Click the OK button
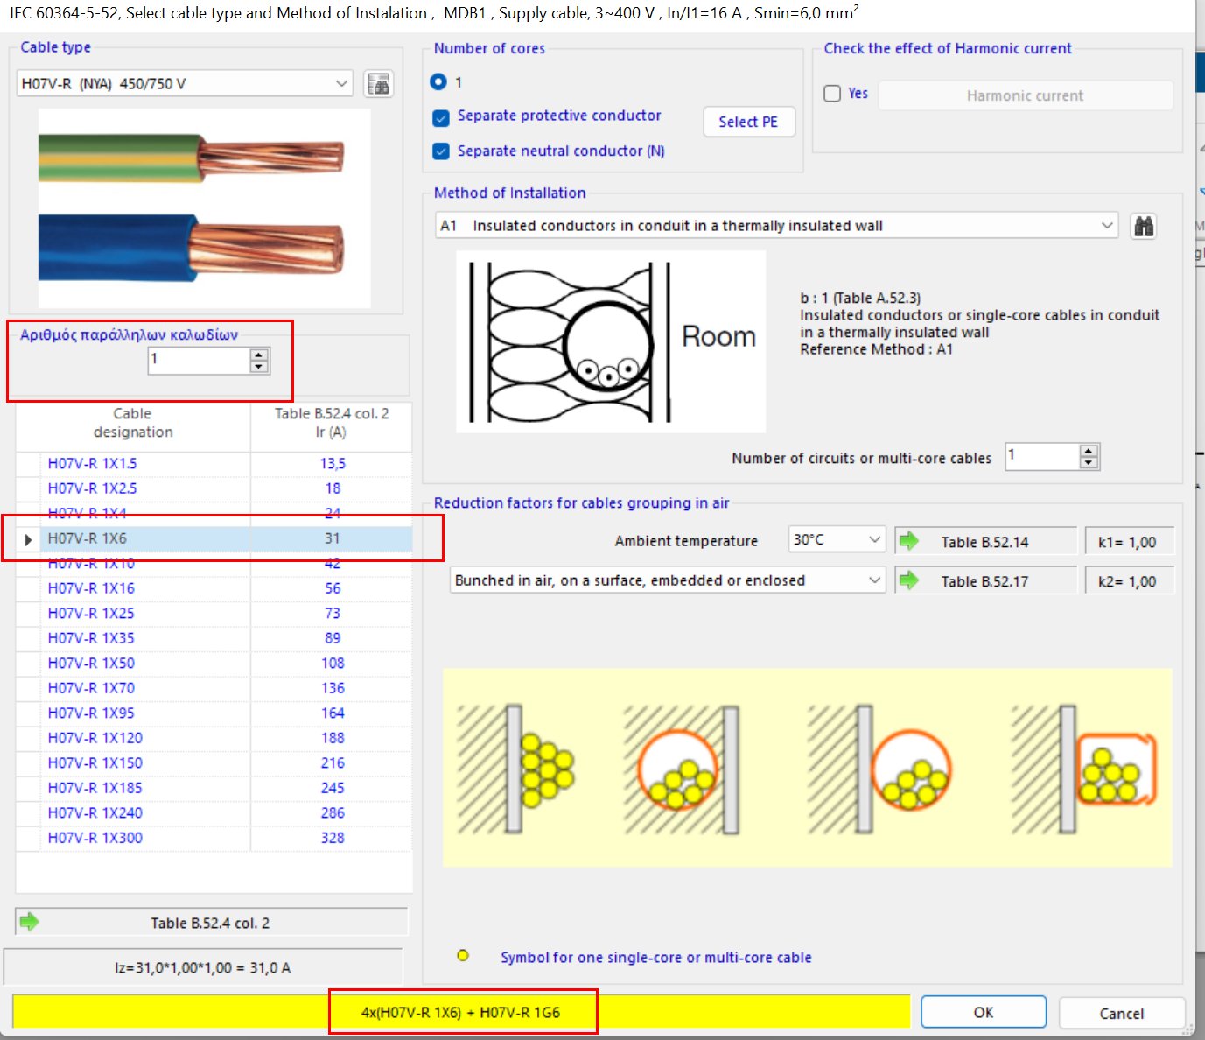pyautogui.click(x=983, y=1012)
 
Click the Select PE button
pyautogui.click(x=748, y=122)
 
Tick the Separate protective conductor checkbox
pyautogui.click(x=442, y=117)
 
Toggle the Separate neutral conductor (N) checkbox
pyautogui.click(x=442, y=151)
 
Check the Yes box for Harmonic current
pyautogui.click(x=833, y=94)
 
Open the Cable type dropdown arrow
pyautogui.click(x=341, y=84)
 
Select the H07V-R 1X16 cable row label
pyautogui.click(x=91, y=588)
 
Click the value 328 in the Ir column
pyautogui.click(x=333, y=838)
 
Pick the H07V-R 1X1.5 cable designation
pyautogui.click(x=92, y=464)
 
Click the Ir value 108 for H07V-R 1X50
pyautogui.click(x=333, y=664)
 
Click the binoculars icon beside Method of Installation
pyautogui.click(x=1143, y=227)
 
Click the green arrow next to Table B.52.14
pyautogui.click(x=909, y=541)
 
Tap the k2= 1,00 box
pyautogui.click(x=1127, y=581)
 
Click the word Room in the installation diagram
pyautogui.click(x=718, y=337)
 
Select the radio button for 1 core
pyautogui.click(x=439, y=81)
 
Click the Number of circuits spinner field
pyautogui.click(x=1041, y=456)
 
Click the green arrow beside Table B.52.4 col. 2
pyautogui.click(x=29, y=921)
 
